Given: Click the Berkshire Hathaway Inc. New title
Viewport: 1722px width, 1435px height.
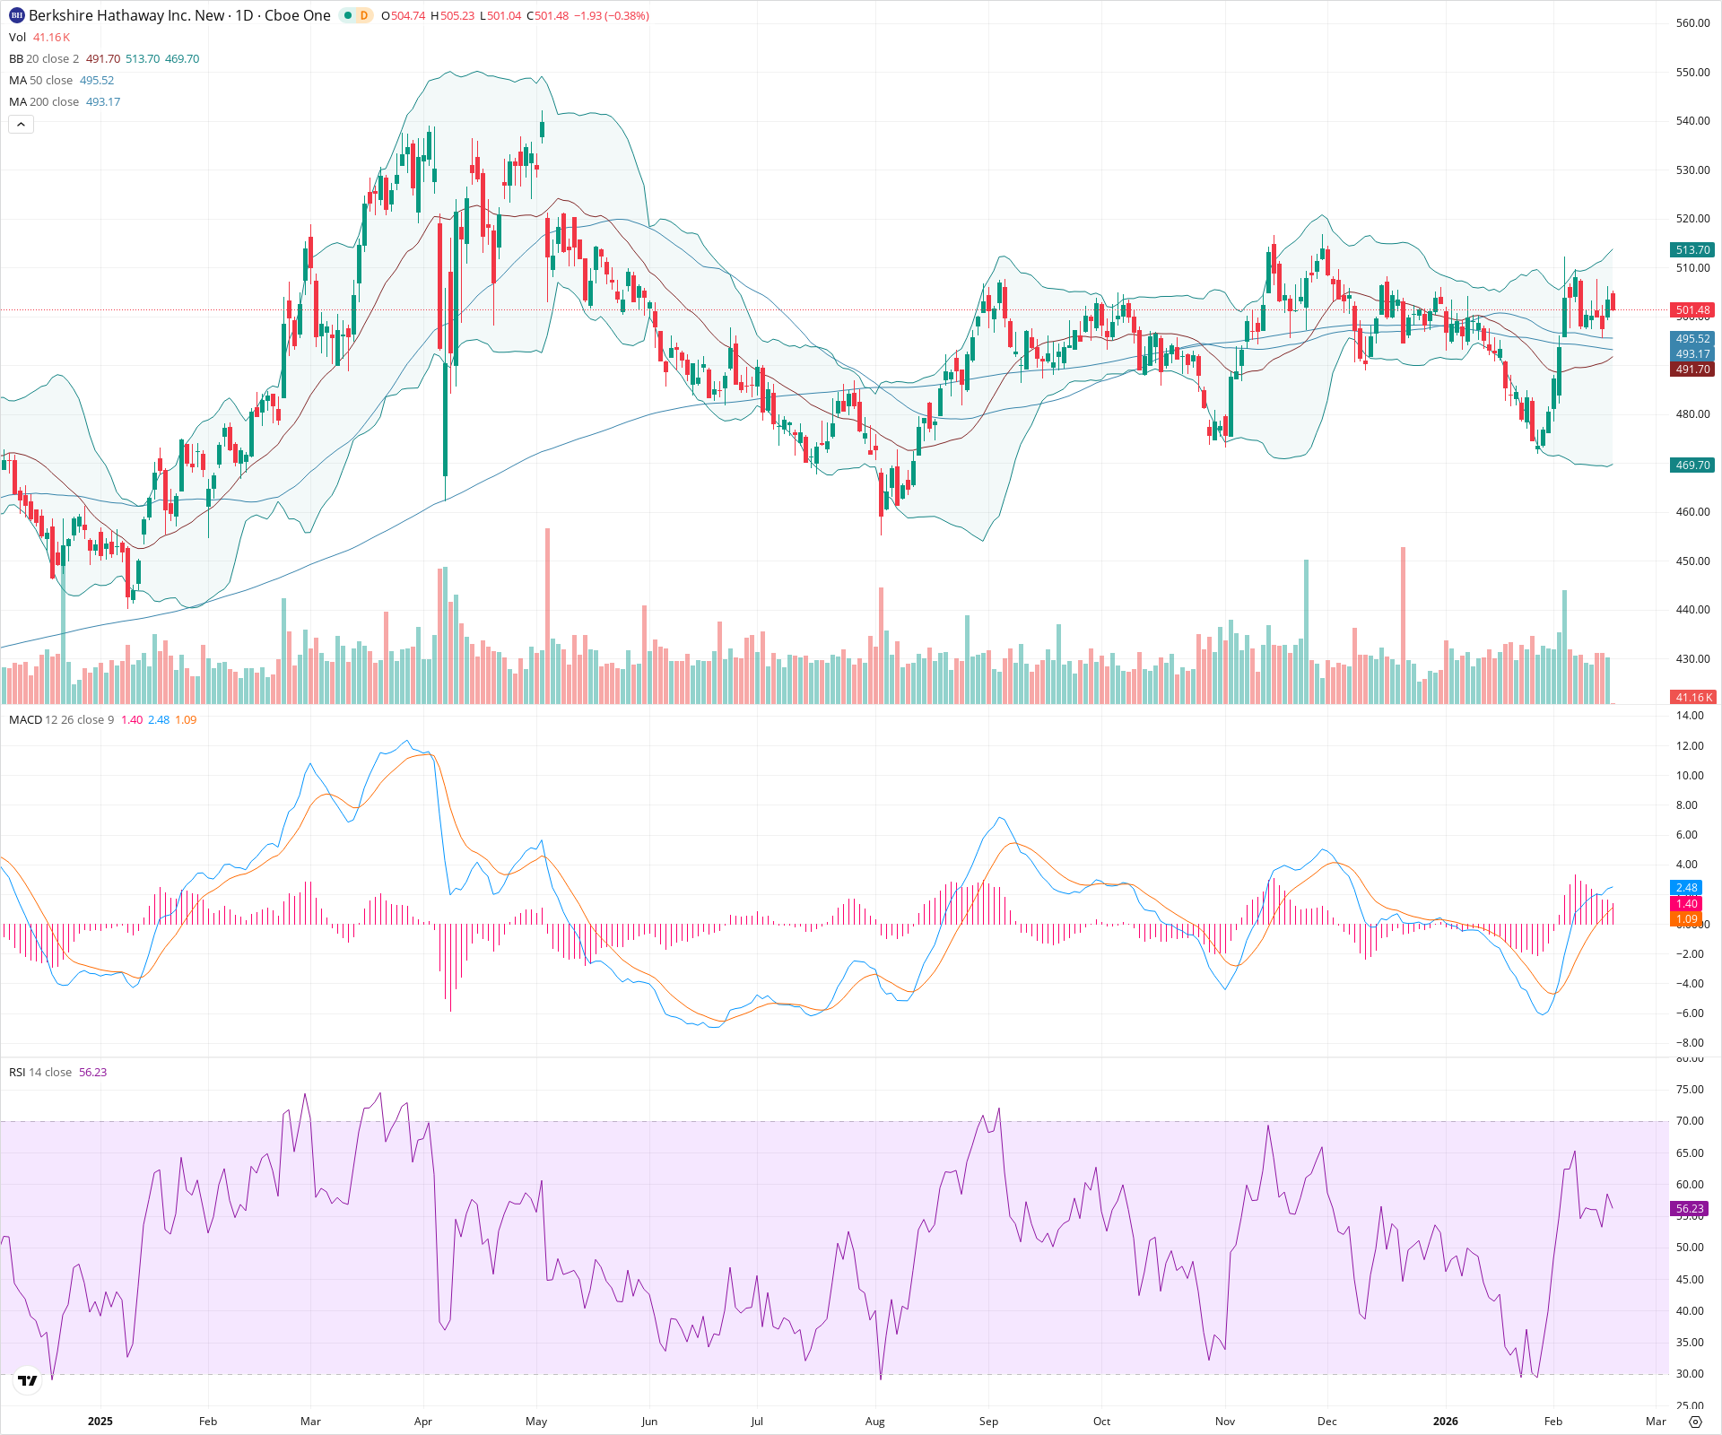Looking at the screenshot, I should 126,15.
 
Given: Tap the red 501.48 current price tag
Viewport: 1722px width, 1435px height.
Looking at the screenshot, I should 1692,310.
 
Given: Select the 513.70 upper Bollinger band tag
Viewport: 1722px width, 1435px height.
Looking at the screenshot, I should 1692,250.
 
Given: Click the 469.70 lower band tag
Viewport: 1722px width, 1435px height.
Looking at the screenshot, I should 1692,465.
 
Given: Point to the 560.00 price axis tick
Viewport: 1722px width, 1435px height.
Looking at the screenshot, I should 1692,23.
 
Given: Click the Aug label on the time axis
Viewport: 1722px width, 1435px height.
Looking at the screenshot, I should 874,1421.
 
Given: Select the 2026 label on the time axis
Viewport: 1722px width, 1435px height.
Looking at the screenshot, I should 1445,1421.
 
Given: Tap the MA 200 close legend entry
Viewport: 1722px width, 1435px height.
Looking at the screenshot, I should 44,102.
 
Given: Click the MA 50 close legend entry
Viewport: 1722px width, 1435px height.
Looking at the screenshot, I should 40,81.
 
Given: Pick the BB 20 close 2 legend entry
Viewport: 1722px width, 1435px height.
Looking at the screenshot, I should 44,59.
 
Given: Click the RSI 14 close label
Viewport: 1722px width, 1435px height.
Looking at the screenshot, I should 40,1073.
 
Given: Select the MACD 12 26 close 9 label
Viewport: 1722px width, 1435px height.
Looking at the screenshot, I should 62,720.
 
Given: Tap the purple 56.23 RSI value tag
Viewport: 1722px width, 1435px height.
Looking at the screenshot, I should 1689,1209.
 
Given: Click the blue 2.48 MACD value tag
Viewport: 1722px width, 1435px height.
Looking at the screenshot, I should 1686,888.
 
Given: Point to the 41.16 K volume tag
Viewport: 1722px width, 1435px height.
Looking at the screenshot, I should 1692,697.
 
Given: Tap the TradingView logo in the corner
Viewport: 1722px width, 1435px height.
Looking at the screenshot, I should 28,1381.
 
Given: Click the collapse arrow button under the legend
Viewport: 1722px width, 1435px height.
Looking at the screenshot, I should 21,125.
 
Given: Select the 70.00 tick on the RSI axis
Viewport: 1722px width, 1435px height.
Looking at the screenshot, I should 1690,1121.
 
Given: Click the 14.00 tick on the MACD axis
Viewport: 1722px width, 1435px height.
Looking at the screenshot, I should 1690,716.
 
